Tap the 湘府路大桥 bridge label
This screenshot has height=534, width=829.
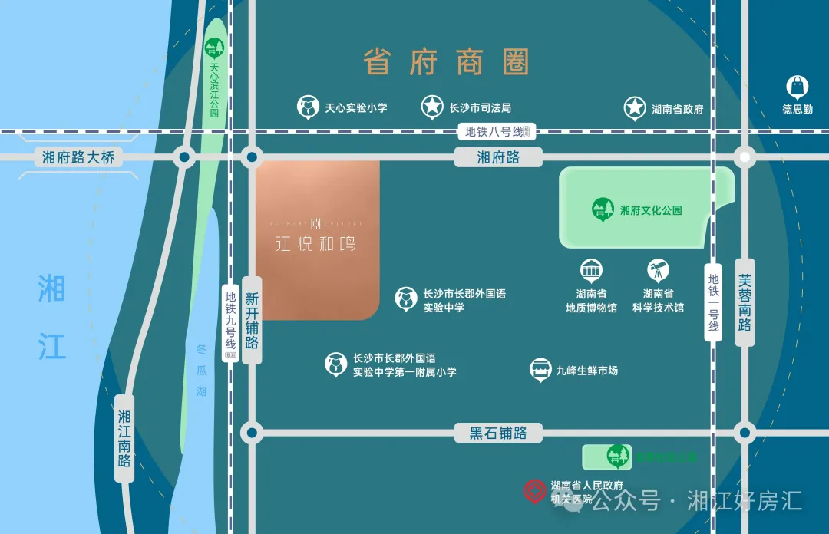pyautogui.click(x=78, y=158)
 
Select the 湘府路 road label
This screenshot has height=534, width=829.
pyautogui.click(x=498, y=157)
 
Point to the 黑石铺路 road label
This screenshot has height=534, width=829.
pyautogui.click(x=498, y=433)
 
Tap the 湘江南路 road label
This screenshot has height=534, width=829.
pyautogui.click(x=124, y=438)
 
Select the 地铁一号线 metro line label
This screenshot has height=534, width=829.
pyautogui.click(x=714, y=302)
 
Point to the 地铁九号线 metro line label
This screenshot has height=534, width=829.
pyautogui.click(x=230, y=322)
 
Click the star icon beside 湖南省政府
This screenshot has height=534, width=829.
pyautogui.click(x=635, y=108)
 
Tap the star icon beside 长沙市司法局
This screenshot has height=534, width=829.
pyautogui.click(x=432, y=107)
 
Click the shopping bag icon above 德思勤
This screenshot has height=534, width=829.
pyautogui.click(x=798, y=87)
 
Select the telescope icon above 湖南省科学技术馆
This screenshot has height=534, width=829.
pyautogui.click(x=658, y=270)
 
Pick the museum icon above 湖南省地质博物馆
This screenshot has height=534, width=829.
pyautogui.click(x=591, y=270)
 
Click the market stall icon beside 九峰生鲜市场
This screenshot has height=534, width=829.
pyautogui.click(x=541, y=370)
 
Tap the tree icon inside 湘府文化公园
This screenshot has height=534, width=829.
pyautogui.click(x=603, y=209)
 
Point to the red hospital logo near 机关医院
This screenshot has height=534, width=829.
pyautogui.click(x=534, y=491)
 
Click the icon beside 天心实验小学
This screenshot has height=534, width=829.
pyautogui.click(x=309, y=107)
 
